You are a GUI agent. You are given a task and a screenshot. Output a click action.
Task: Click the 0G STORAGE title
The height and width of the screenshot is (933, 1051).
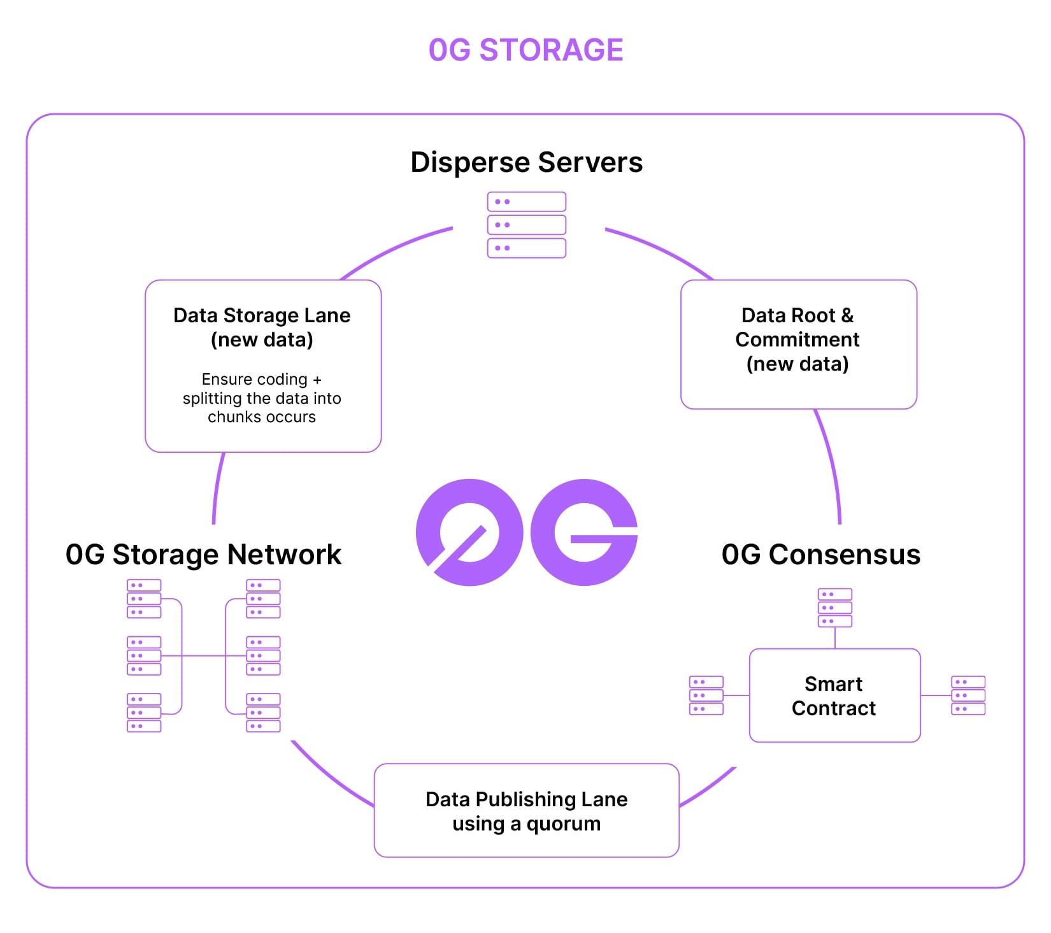[x=525, y=50]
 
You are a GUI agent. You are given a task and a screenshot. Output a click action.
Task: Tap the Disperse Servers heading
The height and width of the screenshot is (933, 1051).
[x=526, y=162]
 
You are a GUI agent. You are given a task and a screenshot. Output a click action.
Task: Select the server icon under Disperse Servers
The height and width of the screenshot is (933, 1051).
[x=526, y=225]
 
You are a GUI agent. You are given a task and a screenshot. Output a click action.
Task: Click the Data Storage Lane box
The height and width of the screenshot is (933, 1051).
[x=262, y=366]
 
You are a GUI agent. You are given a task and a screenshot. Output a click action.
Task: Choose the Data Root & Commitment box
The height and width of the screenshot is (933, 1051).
[x=798, y=344]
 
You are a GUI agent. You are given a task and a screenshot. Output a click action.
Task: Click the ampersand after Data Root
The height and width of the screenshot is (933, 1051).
[x=847, y=315]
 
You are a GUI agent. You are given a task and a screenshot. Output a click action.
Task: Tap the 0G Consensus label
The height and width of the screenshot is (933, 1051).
[x=820, y=554]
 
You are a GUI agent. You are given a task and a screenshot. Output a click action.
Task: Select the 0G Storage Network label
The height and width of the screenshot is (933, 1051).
[x=203, y=554]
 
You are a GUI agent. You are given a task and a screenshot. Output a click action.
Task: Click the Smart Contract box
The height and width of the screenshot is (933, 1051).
[x=834, y=695]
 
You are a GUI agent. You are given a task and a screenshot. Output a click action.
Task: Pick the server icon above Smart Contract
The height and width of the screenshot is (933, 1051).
[x=834, y=608]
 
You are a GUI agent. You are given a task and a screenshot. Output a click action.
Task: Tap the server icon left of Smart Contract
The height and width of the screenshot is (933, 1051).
[x=706, y=695]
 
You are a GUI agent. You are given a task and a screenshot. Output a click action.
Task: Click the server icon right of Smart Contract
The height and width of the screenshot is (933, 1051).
[x=968, y=695]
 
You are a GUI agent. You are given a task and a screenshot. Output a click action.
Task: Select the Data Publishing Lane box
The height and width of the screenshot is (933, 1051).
[x=526, y=810]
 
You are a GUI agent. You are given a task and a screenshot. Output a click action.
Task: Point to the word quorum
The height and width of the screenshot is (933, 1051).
[x=563, y=823]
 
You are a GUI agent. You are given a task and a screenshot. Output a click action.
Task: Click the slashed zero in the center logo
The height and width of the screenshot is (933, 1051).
[x=469, y=532]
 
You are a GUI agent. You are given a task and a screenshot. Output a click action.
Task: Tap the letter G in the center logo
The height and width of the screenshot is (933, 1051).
[x=584, y=532]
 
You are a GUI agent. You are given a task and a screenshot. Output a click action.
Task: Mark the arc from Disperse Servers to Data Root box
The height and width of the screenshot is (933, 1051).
[x=662, y=250]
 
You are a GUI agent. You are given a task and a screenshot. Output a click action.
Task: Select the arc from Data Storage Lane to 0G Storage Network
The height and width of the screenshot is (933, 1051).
[x=217, y=487]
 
